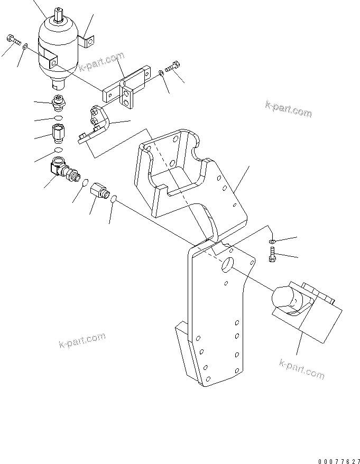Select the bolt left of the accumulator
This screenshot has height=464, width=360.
pyautogui.click(x=13, y=39)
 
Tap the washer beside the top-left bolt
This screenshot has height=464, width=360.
pyautogui.click(x=26, y=47)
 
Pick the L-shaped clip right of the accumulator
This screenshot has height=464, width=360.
pyautogui.click(x=87, y=41)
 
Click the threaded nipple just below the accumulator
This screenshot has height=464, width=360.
pyautogui.click(x=58, y=101)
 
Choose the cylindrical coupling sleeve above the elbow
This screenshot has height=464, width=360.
pyautogui.click(x=58, y=132)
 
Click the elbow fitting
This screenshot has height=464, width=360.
pyautogui.click(x=60, y=169)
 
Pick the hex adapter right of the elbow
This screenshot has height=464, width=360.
pyautogui.click(x=100, y=190)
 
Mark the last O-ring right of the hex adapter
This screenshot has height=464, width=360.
pyautogui.click(x=115, y=199)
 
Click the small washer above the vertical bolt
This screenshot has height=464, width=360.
pyautogui.click(x=271, y=242)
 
